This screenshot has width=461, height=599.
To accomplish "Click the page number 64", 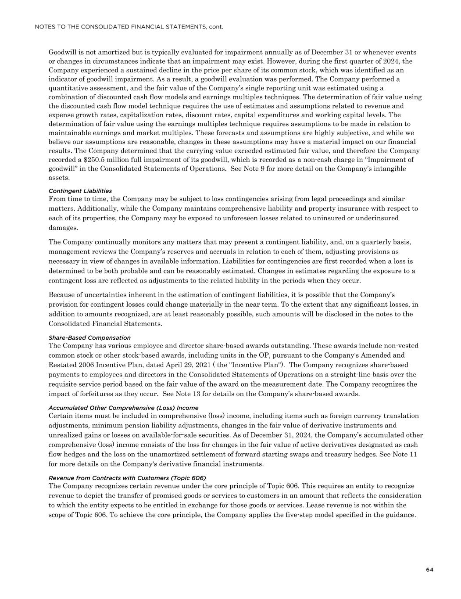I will pyautogui.click(x=429, y=570).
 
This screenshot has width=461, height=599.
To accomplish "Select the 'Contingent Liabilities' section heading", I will pyautogui.click(x=80, y=191).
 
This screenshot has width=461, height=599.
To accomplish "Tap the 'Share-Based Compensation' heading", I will pyautogui.click(x=89, y=337).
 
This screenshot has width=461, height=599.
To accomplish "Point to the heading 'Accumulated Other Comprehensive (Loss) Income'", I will pyautogui.click(x=123, y=408).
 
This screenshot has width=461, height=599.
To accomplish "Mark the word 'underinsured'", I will pyautogui.click(x=379, y=218).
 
